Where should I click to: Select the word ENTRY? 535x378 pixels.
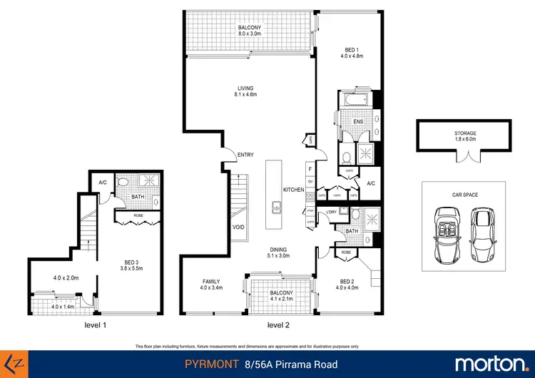(x=246, y=155)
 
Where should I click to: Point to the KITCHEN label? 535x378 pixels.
(x=293, y=190)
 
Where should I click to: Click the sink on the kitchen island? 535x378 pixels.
(x=275, y=208)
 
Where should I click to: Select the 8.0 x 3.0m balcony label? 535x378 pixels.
(x=249, y=29)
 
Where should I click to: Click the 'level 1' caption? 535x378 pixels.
(x=95, y=324)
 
